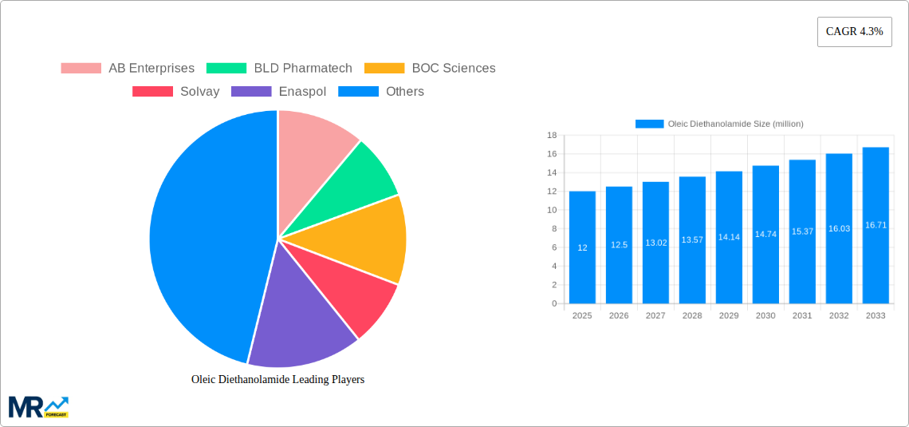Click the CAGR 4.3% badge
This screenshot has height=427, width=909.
click(x=854, y=32)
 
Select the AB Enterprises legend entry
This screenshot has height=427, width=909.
click(x=128, y=69)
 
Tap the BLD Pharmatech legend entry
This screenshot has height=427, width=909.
click(x=279, y=69)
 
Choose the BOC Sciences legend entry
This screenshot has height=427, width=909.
click(x=430, y=69)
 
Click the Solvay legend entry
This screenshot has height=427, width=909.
click(x=176, y=92)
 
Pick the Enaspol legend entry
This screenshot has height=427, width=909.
click(x=278, y=92)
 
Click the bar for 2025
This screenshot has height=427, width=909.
click(x=582, y=247)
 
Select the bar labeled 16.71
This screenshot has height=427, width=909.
click(x=876, y=226)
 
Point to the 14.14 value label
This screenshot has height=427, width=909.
click(x=729, y=237)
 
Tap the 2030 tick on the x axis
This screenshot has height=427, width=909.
click(x=765, y=316)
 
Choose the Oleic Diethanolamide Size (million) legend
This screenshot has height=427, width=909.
click(x=719, y=124)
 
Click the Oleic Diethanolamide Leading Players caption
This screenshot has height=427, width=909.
click(x=277, y=380)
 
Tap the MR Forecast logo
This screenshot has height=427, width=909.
click(x=38, y=407)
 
